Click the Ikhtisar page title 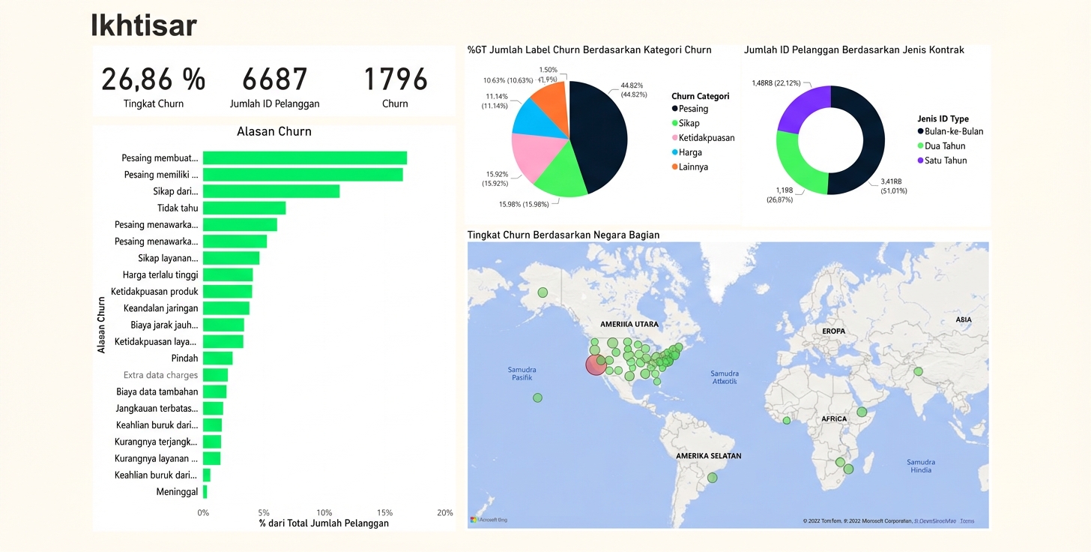pos(144,25)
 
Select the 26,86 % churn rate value pos(153,79)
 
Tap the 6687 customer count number pos(274,79)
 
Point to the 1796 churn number pos(395,79)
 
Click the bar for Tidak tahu pos(244,208)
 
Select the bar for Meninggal pos(205,492)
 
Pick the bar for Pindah pos(217,358)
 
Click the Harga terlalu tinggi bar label pos(160,274)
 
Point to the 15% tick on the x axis pos(384,513)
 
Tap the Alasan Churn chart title pos(273,131)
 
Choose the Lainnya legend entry pos(693,166)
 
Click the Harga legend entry pos(690,152)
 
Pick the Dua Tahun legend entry pos(945,146)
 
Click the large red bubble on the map pos(596,364)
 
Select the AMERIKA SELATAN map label pos(708,456)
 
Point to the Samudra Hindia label pos(920,466)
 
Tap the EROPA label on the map pos(833,331)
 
